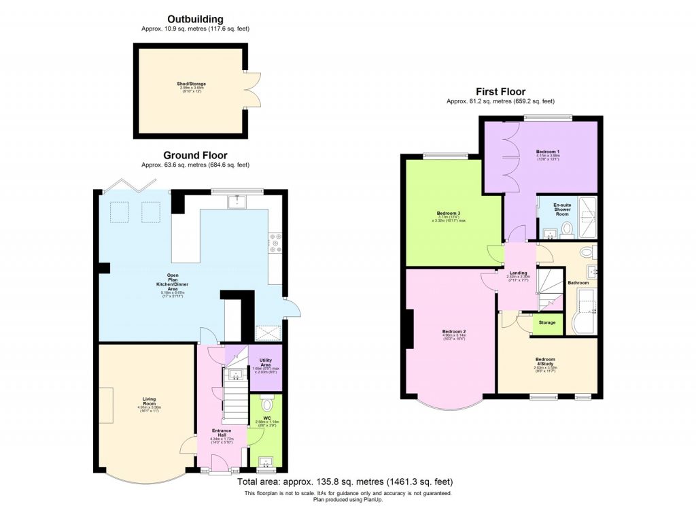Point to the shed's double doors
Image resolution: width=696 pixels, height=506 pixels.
[253, 88]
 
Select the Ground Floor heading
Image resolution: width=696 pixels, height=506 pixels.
[195, 155]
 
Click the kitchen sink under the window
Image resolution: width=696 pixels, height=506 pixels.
[237, 201]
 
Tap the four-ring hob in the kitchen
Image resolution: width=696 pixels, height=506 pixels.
[277, 243]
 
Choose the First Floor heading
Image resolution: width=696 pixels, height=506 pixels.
[500, 92]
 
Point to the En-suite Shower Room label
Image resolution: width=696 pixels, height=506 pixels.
[562, 209]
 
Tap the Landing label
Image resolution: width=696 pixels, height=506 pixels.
[519, 273]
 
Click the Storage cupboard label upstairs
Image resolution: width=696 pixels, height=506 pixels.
[547, 322]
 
